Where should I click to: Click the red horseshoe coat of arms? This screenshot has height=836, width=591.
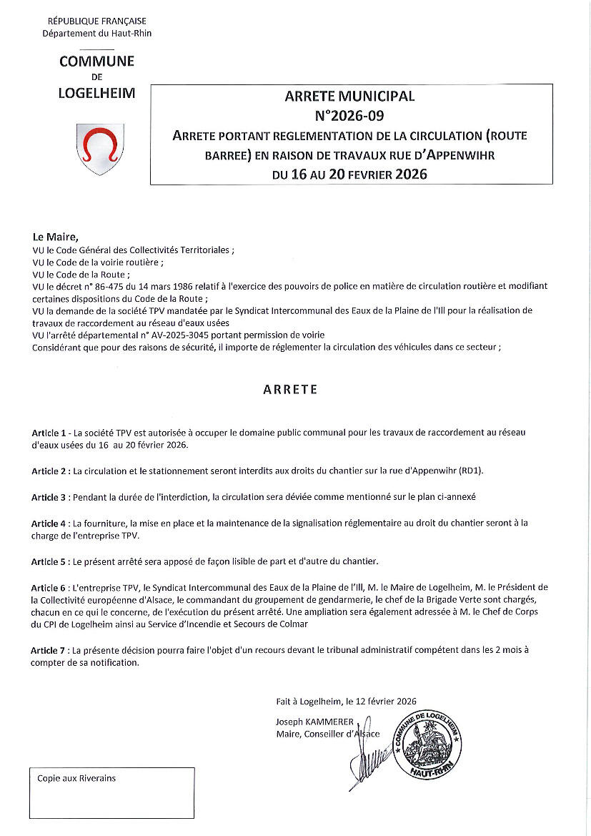[99, 147]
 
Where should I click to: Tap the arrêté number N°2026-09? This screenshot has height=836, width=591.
[349, 114]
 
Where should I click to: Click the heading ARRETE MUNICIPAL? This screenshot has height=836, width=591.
[349, 96]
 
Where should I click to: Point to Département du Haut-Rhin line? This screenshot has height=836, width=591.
[96, 34]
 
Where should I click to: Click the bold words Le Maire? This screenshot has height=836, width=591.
[55, 237]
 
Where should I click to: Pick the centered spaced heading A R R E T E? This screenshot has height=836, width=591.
[290, 390]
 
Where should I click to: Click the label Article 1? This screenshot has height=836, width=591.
[51, 434]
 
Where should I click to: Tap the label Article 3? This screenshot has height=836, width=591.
[51, 496]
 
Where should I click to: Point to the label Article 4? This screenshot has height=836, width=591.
[51, 523]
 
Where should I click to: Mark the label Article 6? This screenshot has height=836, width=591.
[51, 586]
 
